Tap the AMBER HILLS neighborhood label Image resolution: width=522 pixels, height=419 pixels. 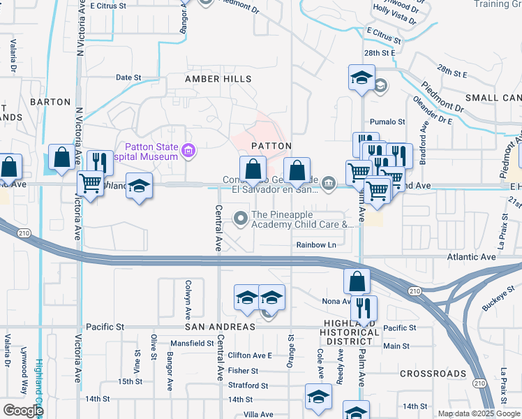point(218,80)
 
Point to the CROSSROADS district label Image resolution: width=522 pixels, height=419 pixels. point(433,374)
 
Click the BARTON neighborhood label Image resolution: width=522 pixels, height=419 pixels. point(51,102)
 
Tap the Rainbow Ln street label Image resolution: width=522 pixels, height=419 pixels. point(316,245)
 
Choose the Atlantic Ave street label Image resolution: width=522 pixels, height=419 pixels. point(471,257)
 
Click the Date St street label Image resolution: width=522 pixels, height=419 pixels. point(128,78)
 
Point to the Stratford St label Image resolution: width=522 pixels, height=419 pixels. point(248,385)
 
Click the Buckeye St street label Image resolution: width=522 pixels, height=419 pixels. point(495,301)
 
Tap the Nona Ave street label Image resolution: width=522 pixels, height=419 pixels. point(335,302)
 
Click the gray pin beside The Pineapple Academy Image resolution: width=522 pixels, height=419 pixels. point(241,219)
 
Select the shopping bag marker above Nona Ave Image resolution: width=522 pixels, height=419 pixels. point(357,281)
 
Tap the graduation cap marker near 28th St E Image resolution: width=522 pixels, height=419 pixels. point(361,77)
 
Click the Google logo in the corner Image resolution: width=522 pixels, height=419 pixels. point(23,410)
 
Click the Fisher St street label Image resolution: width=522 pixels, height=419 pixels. point(243,371)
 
